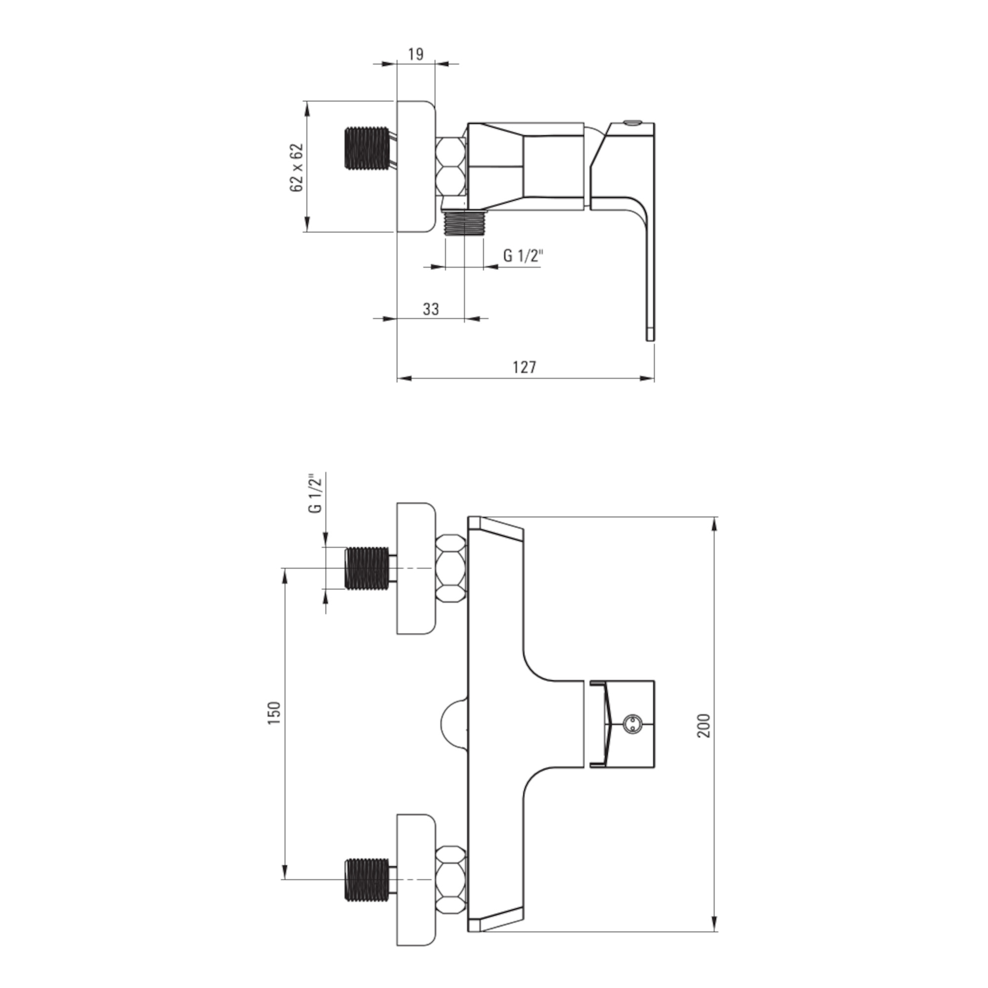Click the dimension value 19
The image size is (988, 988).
[x=416, y=54]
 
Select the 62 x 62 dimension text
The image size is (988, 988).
[x=296, y=167]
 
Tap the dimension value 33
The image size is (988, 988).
[x=431, y=309]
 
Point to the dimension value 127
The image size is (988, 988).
[x=525, y=367]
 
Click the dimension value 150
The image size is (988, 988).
[x=275, y=713]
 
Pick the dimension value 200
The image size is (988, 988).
[x=704, y=725]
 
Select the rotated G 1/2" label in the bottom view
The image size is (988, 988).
[x=316, y=494]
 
